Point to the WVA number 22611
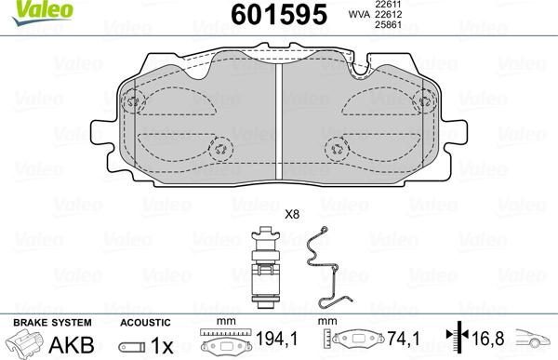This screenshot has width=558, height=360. tap(387, 6)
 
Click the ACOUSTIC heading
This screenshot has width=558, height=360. tap(144, 321)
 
